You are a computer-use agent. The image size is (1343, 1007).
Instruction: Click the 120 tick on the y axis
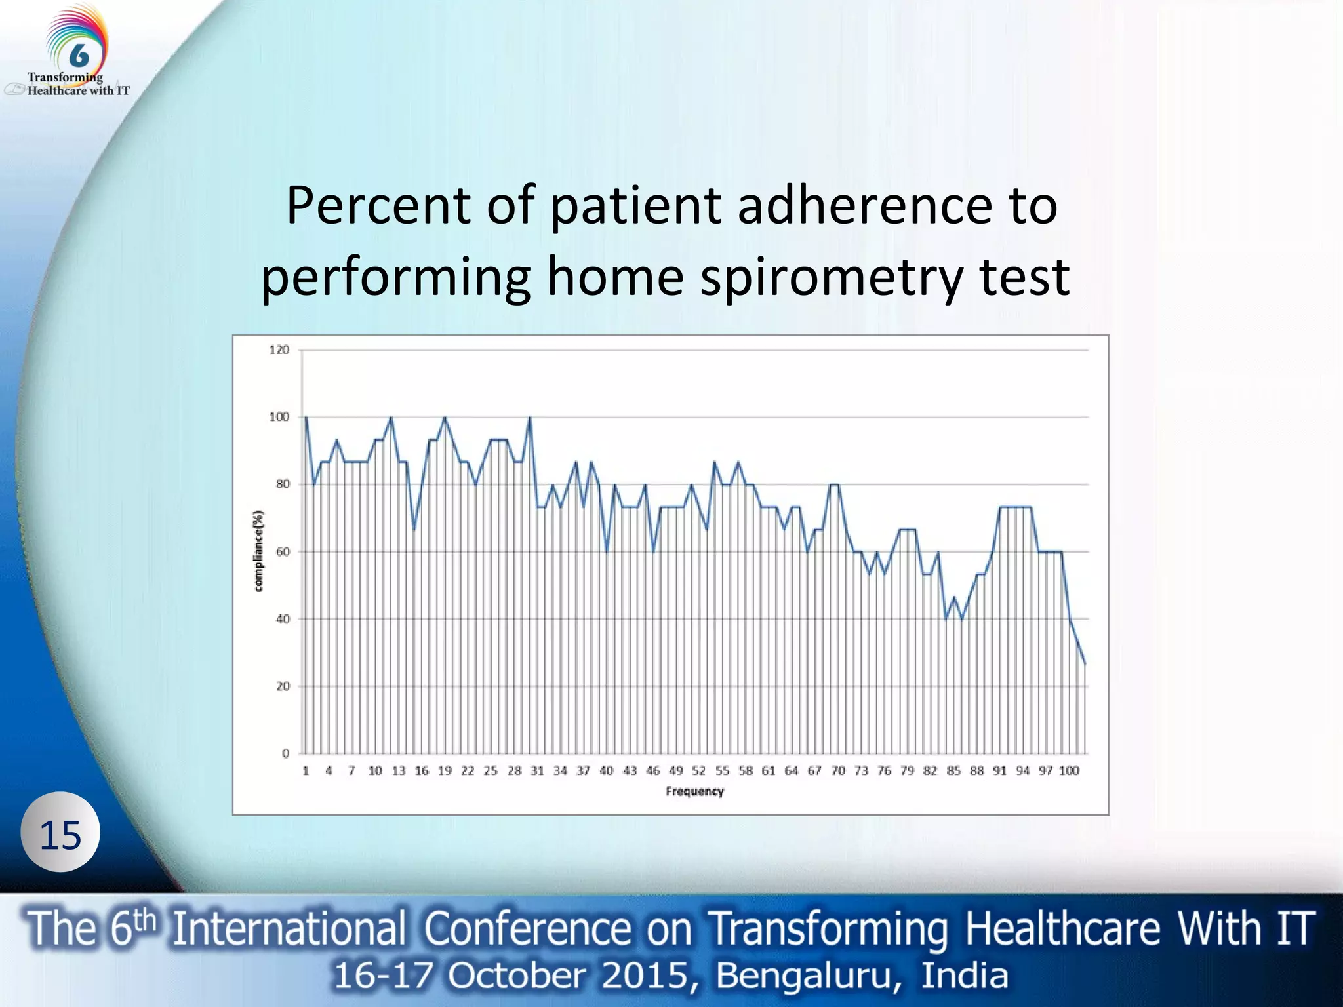coord(279,349)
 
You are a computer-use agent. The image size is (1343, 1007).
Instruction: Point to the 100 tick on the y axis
coord(279,417)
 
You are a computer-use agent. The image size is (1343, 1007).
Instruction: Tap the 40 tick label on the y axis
coord(282,619)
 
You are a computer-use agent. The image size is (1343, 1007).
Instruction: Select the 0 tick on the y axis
coord(285,753)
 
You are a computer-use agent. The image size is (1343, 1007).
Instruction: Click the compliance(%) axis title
coord(259,551)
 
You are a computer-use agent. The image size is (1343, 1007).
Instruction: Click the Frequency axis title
coord(694,791)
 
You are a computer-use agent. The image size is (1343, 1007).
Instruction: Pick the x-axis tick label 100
coord(1069,770)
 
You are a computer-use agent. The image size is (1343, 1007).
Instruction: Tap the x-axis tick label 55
coord(722,770)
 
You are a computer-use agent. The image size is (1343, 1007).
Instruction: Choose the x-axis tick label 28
coord(514,770)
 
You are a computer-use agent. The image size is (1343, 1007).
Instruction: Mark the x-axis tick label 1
coord(306,770)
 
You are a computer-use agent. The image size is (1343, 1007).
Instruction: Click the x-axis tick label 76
coord(884,770)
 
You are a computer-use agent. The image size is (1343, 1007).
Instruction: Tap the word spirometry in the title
coord(832,277)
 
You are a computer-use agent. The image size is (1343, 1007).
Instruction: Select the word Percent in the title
coord(379,206)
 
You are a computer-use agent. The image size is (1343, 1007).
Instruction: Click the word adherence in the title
coord(864,206)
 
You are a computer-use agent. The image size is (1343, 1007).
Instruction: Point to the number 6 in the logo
coord(79,55)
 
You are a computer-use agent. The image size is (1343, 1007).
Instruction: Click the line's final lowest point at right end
coord(1085,664)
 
